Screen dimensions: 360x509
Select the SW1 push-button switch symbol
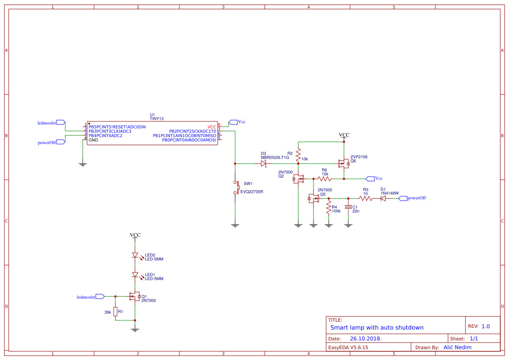[x=236, y=187]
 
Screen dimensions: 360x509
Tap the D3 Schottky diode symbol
[x=263, y=164]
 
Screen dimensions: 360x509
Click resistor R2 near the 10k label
[x=298, y=155]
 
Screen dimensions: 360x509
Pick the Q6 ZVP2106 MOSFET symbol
[x=344, y=163]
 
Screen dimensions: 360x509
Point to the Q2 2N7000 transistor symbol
[x=299, y=178]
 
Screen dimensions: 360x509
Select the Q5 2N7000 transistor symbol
[x=313, y=199]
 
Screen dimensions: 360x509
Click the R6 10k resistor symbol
[x=324, y=178]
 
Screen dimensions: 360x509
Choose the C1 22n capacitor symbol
[x=348, y=208]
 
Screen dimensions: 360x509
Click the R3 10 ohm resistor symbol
[x=366, y=199]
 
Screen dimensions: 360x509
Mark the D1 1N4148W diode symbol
[x=383, y=199]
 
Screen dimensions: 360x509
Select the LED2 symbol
[x=135, y=256]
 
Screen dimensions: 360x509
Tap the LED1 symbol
[x=135, y=275]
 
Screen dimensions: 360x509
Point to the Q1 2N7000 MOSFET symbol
[x=135, y=297]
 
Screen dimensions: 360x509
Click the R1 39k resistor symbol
[x=115, y=311]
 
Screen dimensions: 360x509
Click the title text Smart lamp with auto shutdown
[x=377, y=327]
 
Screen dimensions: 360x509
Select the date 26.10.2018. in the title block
[x=366, y=339]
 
